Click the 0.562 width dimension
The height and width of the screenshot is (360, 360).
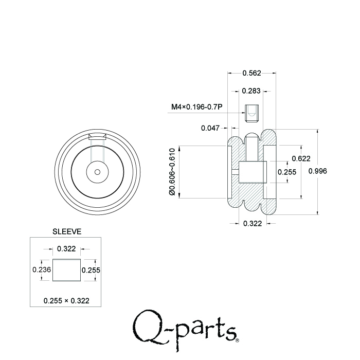[252, 73]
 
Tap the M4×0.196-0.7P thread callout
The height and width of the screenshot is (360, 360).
[196, 107]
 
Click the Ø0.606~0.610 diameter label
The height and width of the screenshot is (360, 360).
[172, 172]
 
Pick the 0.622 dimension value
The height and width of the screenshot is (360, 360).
[301, 158]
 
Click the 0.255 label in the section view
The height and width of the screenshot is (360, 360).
[287, 172]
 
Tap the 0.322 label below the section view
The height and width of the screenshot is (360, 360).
[252, 223]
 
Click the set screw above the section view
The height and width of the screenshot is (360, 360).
[251, 113]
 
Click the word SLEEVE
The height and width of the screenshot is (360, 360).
[67, 232]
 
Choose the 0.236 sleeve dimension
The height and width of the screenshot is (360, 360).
[41, 269]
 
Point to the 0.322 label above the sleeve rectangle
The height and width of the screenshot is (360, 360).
[66, 249]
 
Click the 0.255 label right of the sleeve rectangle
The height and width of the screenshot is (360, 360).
[91, 269]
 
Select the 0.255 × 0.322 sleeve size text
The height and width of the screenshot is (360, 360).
[66, 300]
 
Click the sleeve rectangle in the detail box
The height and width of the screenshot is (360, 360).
[66, 270]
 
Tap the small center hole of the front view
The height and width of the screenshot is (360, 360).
[97, 172]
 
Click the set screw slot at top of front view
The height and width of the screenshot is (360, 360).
[97, 137]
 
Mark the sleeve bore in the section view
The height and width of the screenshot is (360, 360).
[252, 172]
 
